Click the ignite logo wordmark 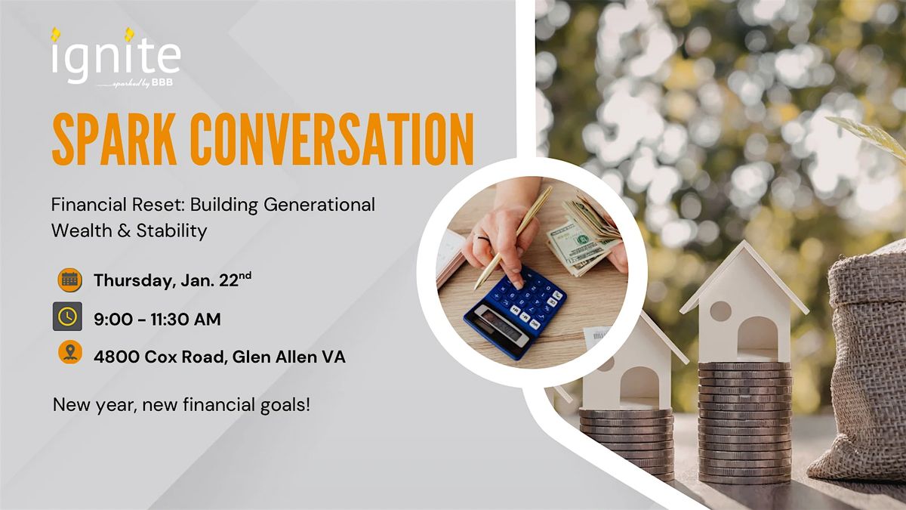point(116,57)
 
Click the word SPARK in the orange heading point(115,139)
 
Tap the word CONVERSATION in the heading point(331,139)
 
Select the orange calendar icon point(69,280)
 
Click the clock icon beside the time point(67,316)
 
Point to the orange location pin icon point(70,352)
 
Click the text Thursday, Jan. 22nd point(172,280)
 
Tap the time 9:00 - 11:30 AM point(157,320)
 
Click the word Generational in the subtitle point(319,205)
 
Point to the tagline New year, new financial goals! point(182,405)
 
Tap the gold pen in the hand point(513,237)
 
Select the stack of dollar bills point(584,236)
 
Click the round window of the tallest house point(720,311)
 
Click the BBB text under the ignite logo point(162,82)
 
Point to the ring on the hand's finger point(483,239)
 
